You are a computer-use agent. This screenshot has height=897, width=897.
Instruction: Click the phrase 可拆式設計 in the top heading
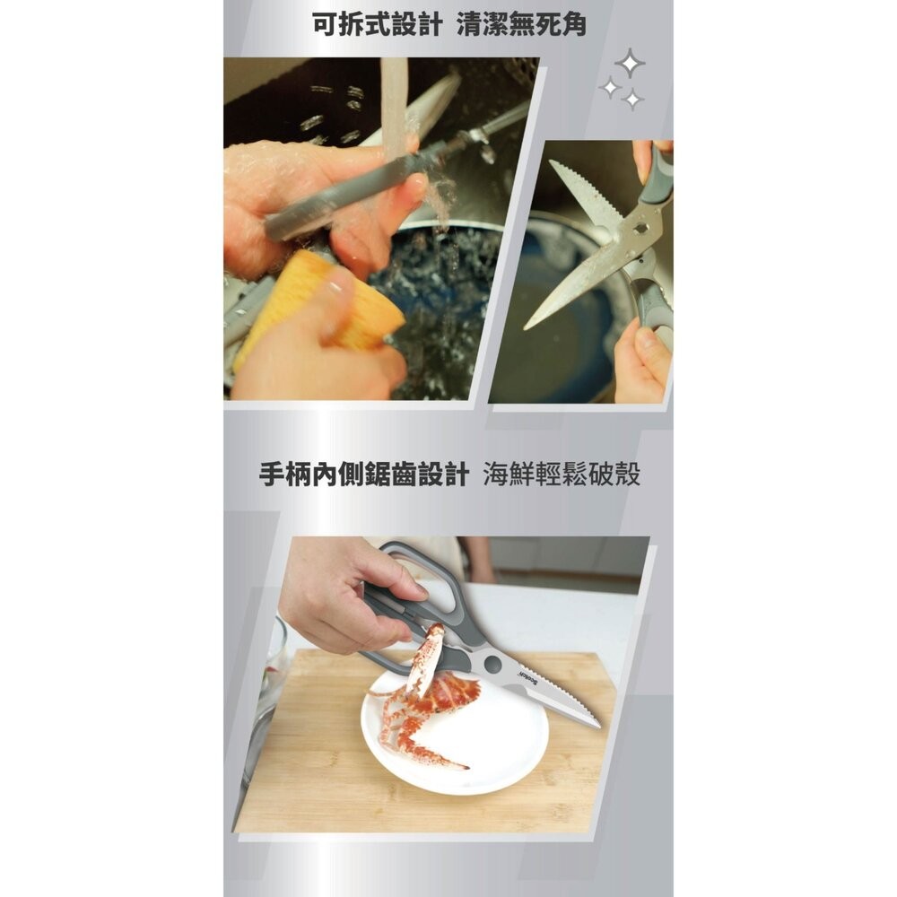click(x=377, y=24)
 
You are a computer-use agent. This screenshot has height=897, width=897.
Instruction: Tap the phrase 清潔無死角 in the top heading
click(x=520, y=24)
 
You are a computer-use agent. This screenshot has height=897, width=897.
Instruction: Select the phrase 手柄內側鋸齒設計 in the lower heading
click(x=362, y=475)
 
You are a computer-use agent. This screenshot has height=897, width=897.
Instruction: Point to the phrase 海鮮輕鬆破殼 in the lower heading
click(x=562, y=475)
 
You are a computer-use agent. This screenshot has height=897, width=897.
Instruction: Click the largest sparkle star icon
click(x=631, y=63)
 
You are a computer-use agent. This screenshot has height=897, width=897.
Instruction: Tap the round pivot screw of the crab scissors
click(x=491, y=665)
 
